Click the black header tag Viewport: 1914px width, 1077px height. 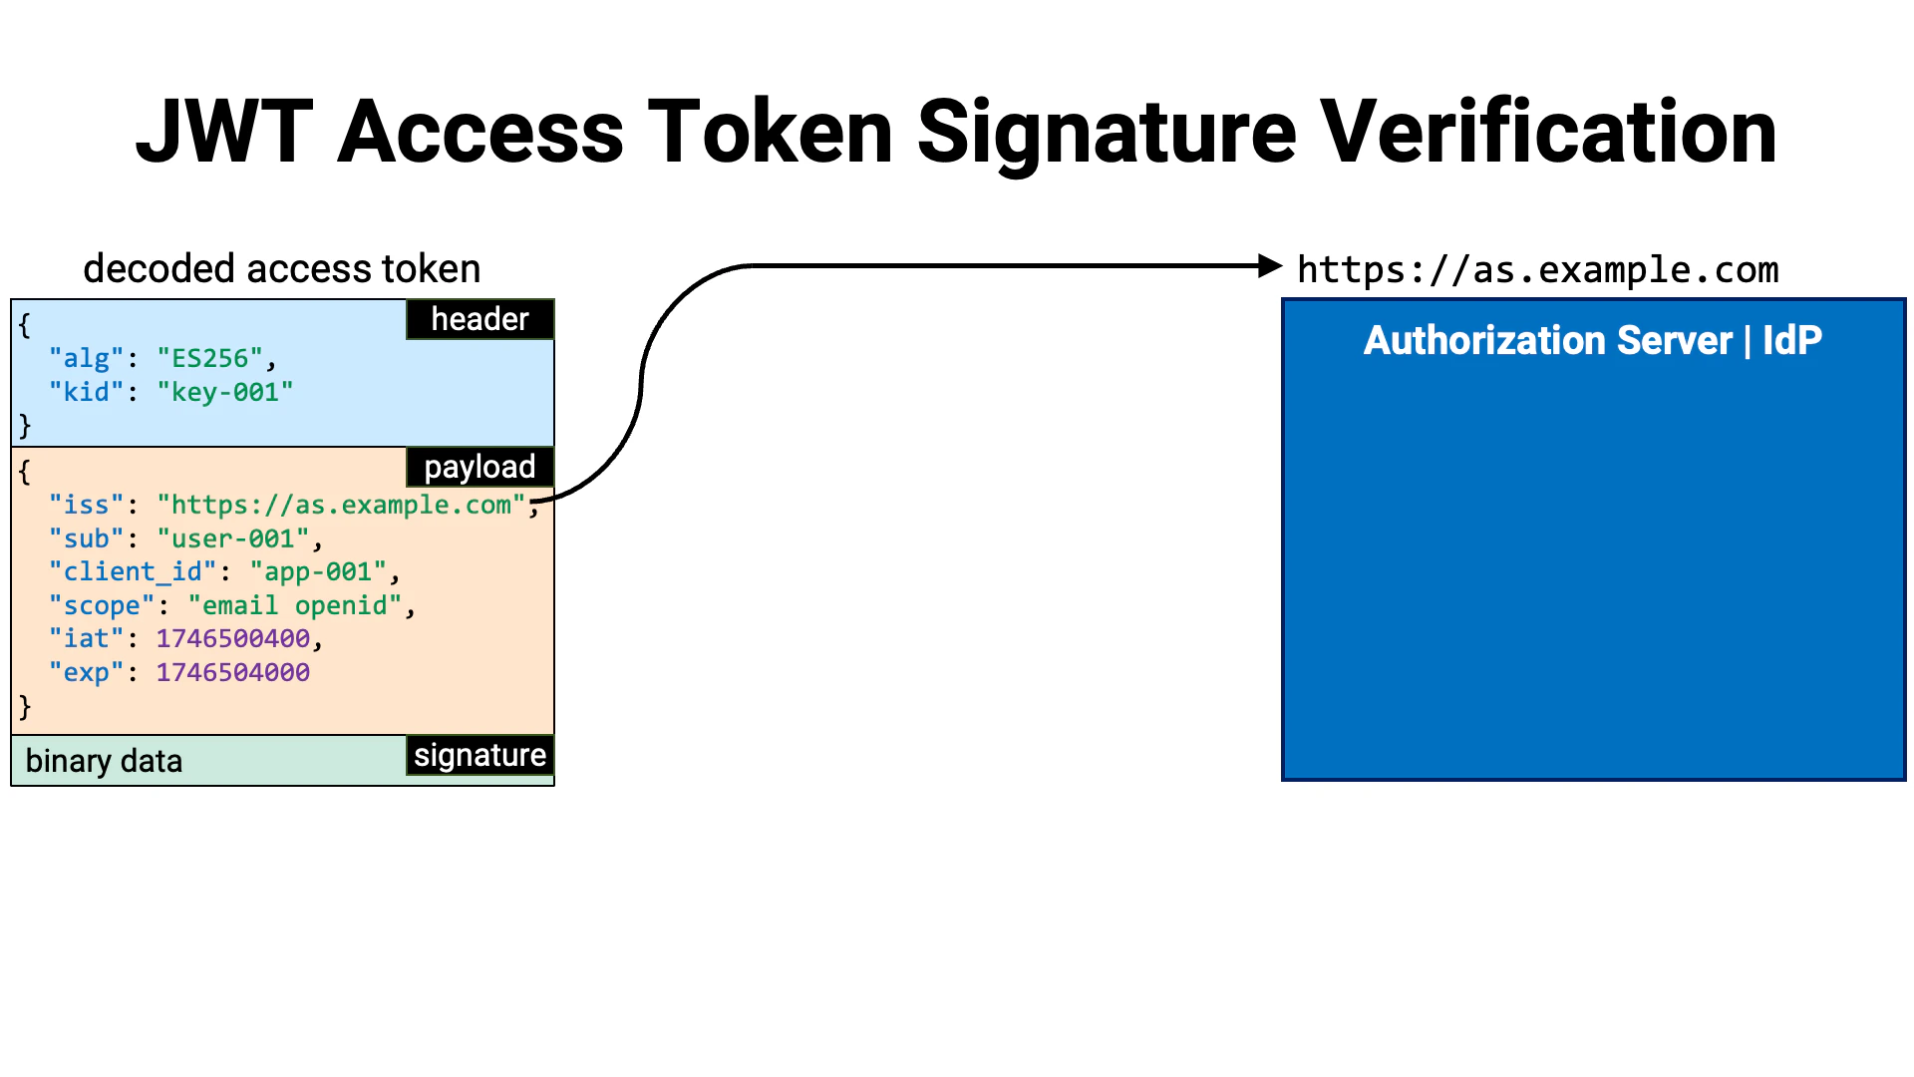click(x=479, y=319)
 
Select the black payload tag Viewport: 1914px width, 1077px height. click(x=479, y=467)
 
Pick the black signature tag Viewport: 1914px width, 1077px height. click(x=479, y=755)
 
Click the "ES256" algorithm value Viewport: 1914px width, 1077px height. click(x=209, y=358)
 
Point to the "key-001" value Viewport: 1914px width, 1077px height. click(x=224, y=392)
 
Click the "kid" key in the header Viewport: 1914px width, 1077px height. click(x=86, y=392)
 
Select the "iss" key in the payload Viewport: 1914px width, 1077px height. click(x=86, y=505)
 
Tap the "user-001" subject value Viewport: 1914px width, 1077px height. click(x=232, y=538)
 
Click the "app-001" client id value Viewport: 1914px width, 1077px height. click(x=317, y=571)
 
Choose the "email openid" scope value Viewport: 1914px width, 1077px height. click(x=294, y=605)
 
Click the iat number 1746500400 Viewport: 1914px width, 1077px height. click(x=232, y=638)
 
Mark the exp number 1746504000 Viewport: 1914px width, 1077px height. click(x=232, y=672)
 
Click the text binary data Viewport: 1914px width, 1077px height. click(x=104, y=761)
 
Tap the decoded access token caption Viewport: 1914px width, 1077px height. click(x=281, y=269)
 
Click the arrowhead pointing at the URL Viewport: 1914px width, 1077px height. click(x=1270, y=266)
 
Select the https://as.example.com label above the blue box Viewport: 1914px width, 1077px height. click(x=1537, y=270)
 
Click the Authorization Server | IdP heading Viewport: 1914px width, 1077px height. click(x=1592, y=341)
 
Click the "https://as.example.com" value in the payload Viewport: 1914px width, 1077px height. click(x=340, y=505)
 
